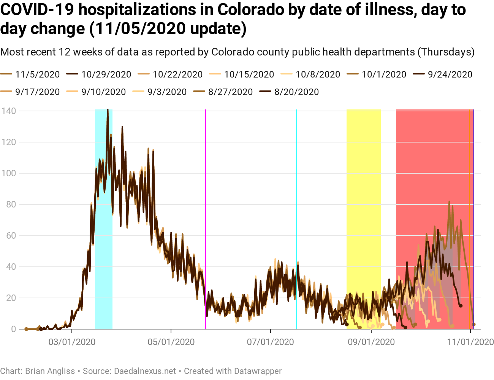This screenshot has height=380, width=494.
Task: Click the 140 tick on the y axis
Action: coord(8,111)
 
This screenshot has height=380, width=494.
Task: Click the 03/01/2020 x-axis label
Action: coord(72,342)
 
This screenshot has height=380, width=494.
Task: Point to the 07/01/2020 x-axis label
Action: coord(271,342)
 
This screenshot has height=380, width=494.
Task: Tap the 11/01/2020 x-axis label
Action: coord(470,342)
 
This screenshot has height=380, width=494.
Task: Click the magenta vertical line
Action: coord(206,190)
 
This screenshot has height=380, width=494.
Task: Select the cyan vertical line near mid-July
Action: coord(297,190)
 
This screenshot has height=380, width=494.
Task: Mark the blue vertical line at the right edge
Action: coord(474,190)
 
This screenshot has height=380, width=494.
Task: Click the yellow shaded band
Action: coord(363,171)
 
